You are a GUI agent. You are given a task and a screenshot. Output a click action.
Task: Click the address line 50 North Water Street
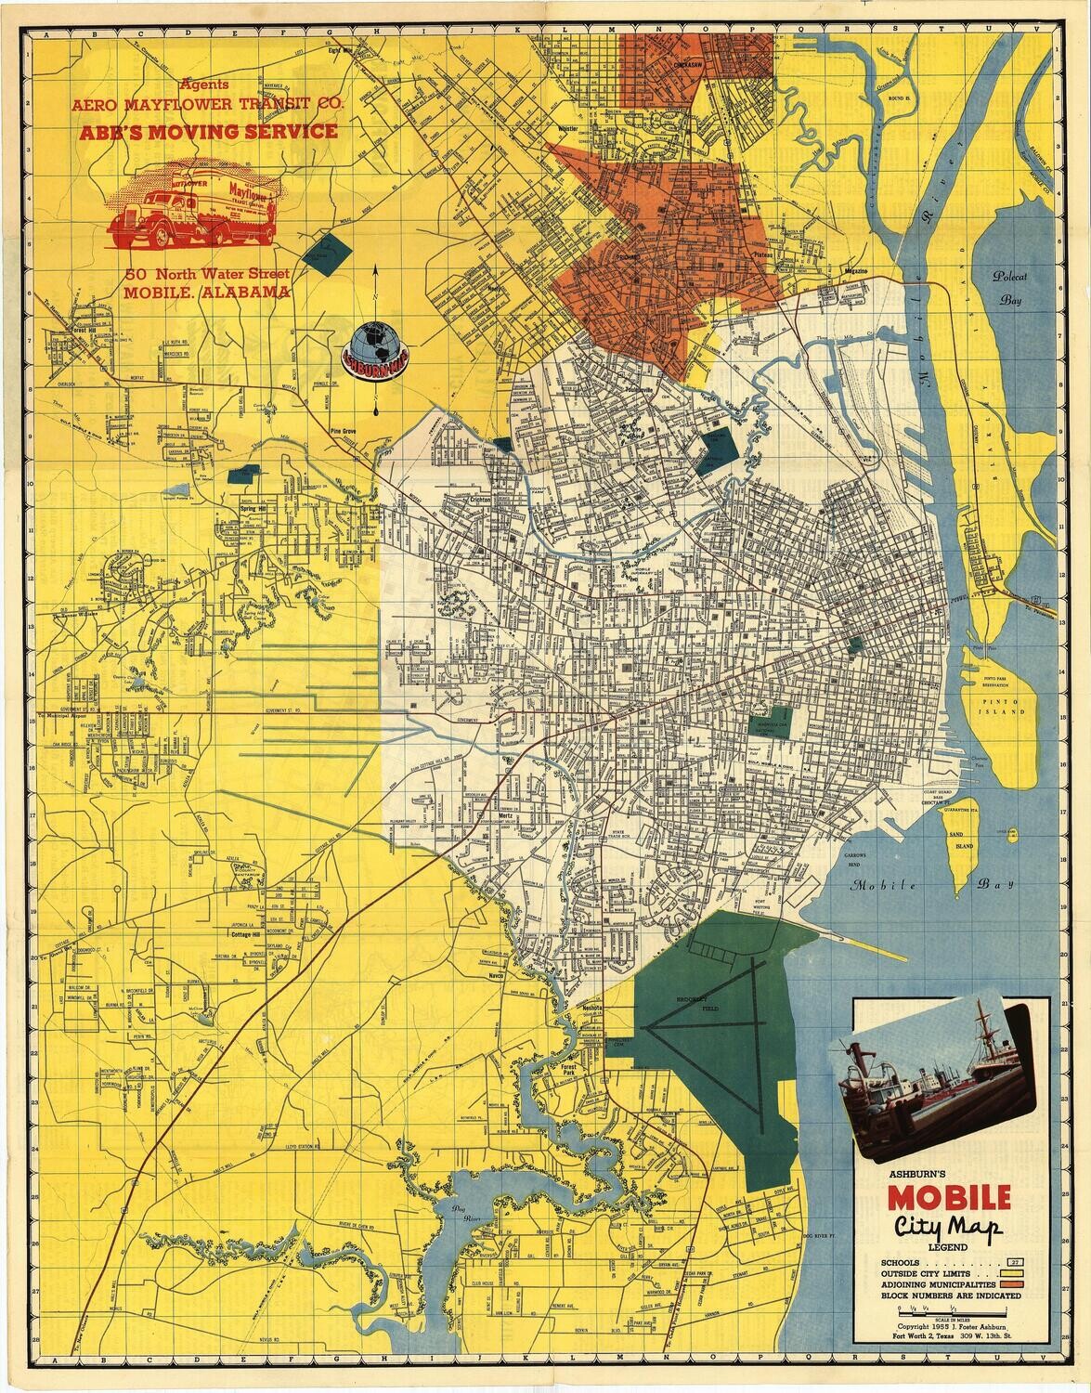[208, 274]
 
